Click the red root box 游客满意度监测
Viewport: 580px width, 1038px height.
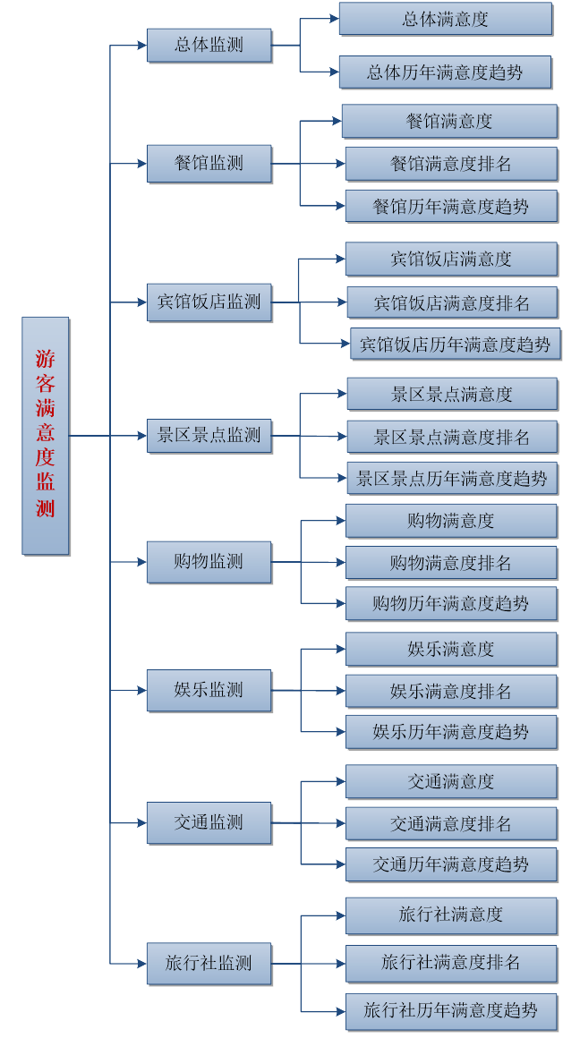click(x=46, y=436)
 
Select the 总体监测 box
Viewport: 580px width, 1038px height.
click(x=209, y=45)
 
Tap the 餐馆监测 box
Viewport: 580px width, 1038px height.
click(x=209, y=164)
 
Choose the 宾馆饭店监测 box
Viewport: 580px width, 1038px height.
click(x=209, y=302)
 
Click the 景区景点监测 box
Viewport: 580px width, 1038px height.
click(x=209, y=436)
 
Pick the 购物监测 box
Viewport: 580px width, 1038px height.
click(x=209, y=562)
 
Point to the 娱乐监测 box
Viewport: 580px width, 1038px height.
click(x=209, y=690)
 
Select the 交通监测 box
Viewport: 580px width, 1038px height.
click(x=209, y=822)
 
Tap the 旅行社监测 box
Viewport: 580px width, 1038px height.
click(x=209, y=964)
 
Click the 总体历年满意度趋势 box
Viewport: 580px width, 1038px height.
click(x=445, y=72)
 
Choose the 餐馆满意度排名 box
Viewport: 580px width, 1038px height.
click(x=451, y=164)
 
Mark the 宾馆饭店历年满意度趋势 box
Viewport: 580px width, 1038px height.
click(x=456, y=344)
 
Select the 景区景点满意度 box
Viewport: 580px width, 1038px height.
click(x=452, y=394)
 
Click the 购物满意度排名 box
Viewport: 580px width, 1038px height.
click(x=451, y=563)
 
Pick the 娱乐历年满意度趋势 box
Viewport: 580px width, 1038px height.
click(x=451, y=732)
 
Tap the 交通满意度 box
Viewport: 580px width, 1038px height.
click(x=451, y=781)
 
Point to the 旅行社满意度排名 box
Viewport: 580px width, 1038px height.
click(x=451, y=963)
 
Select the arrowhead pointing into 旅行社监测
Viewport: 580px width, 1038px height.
click(x=141, y=964)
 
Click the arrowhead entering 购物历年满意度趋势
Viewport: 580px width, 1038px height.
click(x=340, y=603)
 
